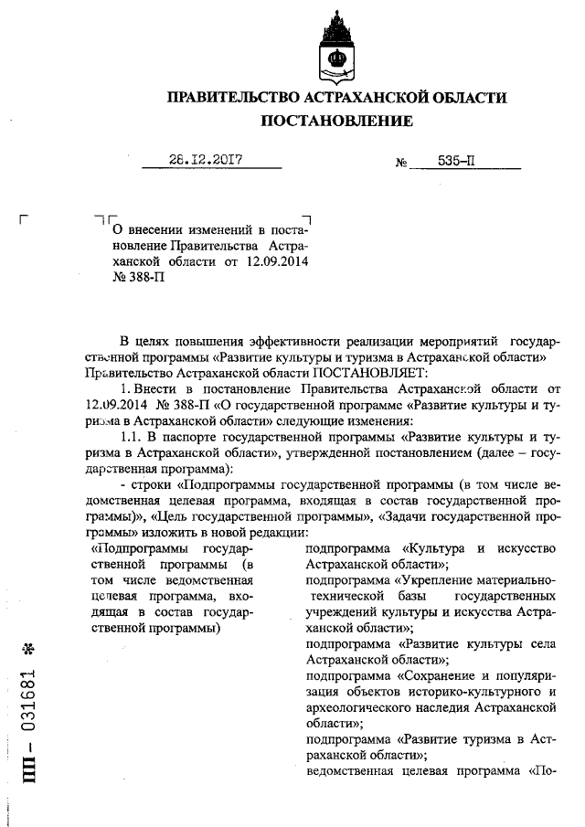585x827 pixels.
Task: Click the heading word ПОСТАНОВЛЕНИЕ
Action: tap(337, 121)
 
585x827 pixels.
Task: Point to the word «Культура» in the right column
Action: tap(431, 548)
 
